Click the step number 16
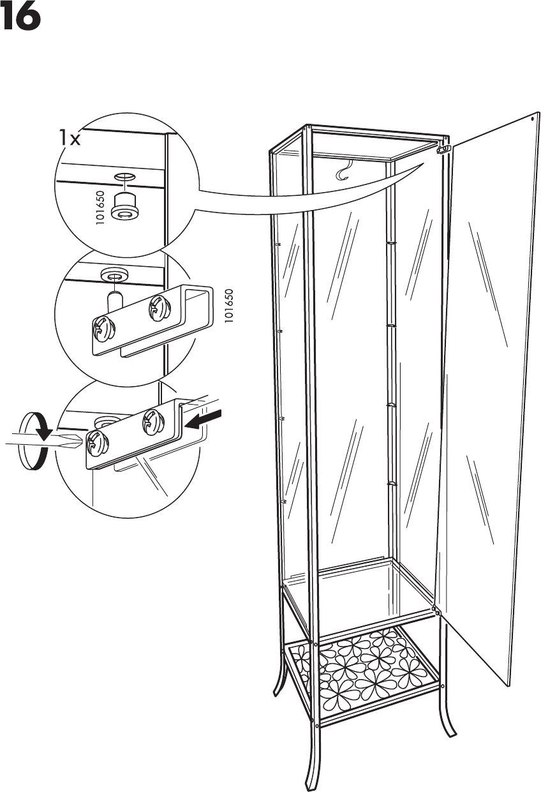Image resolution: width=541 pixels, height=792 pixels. coord(21,19)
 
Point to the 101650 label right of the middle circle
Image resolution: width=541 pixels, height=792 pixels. coord(230,306)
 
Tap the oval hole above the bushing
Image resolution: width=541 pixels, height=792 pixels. coord(125,176)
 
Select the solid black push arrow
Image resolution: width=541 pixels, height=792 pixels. coord(204,419)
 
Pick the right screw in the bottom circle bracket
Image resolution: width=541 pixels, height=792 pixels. coord(151,419)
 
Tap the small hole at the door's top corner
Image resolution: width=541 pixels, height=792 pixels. coord(533,118)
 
